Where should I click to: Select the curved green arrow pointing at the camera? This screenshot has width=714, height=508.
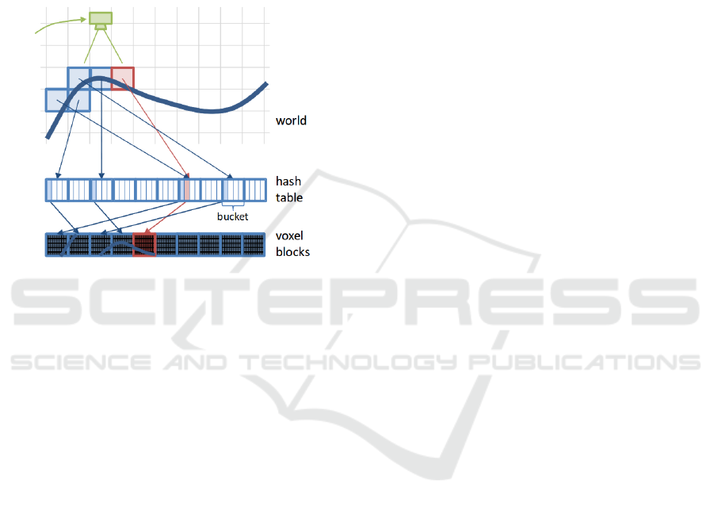(x=59, y=25)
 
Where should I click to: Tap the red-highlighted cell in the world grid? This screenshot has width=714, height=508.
(x=122, y=78)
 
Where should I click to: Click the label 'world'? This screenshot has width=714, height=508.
(x=291, y=121)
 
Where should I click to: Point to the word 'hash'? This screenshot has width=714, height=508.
(x=288, y=181)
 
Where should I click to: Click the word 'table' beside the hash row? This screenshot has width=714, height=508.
(x=289, y=197)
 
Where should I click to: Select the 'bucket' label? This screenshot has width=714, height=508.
(x=233, y=216)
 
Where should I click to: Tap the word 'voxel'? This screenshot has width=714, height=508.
(x=289, y=236)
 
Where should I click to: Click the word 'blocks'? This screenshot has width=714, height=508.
(x=292, y=252)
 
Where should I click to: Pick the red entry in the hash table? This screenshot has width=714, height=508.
(x=187, y=190)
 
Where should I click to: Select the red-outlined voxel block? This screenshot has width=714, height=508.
(x=143, y=245)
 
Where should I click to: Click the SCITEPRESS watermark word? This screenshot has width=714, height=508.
(x=357, y=305)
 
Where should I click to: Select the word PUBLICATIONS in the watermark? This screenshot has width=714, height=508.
(x=586, y=362)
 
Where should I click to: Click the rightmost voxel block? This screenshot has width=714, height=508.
(x=253, y=245)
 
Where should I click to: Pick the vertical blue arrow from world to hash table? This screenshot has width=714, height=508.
(x=101, y=135)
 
